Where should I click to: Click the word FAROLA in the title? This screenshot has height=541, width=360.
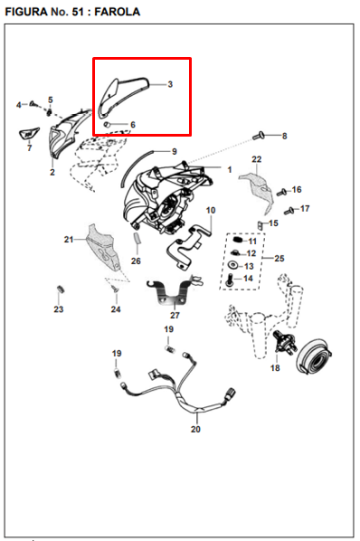[118, 12]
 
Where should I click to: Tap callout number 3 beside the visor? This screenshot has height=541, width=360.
[170, 84]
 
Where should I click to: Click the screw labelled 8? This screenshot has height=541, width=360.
[258, 136]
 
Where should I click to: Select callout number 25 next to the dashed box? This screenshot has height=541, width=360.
[279, 258]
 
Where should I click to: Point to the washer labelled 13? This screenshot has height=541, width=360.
[233, 265]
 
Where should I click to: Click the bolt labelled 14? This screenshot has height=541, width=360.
[229, 280]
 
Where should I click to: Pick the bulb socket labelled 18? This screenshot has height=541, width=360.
[284, 342]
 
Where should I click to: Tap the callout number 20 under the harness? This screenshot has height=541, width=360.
[195, 429]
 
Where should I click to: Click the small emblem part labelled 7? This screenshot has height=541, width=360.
[28, 134]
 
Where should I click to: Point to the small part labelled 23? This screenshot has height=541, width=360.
[60, 289]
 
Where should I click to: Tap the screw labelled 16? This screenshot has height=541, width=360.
[281, 192]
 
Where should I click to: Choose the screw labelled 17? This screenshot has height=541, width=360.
[289, 211]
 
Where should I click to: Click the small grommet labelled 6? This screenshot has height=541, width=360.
[108, 125]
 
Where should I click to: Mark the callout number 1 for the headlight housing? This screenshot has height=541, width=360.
[230, 170]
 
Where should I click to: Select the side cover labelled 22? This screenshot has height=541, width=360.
[257, 192]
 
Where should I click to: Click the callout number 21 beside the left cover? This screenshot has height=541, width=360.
[69, 239]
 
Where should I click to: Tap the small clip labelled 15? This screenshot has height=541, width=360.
[260, 225]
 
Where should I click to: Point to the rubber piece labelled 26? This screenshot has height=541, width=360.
[137, 239]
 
